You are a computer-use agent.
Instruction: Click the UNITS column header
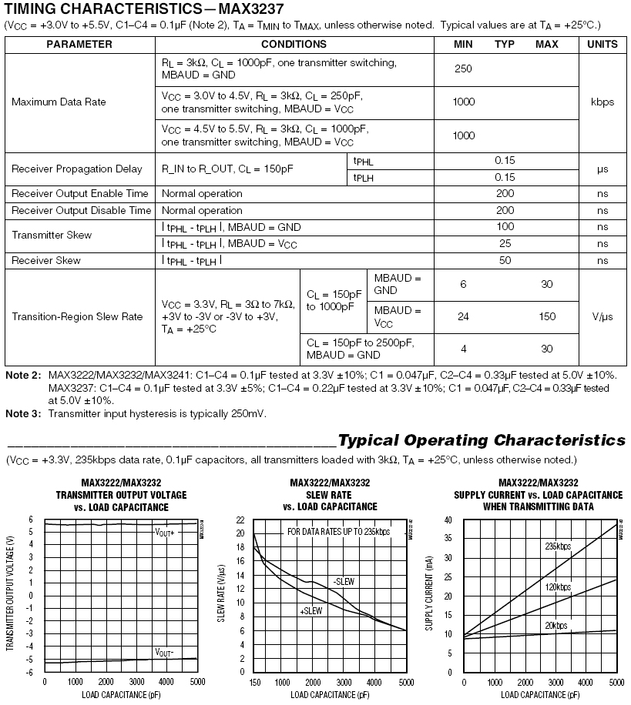pyautogui.click(x=602, y=44)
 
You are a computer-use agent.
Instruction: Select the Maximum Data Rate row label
pyautogui.click(x=59, y=102)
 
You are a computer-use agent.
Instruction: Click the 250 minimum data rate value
pyautogui.click(x=463, y=68)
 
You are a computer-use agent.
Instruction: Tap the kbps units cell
pyautogui.click(x=602, y=102)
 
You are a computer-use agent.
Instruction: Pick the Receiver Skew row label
pyautogui.click(x=46, y=260)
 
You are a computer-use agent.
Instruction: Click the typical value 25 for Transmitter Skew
pyautogui.click(x=505, y=243)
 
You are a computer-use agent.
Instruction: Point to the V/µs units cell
pyautogui.click(x=602, y=316)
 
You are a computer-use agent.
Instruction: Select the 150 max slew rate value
pyautogui.click(x=547, y=316)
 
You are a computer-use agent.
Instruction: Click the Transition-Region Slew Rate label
pyautogui.click(x=77, y=316)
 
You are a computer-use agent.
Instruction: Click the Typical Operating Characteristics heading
pyautogui.click(x=482, y=441)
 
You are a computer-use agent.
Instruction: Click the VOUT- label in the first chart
pyautogui.click(x=164, y=652)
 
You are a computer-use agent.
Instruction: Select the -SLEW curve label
pyautogui.click(x=344, y=582)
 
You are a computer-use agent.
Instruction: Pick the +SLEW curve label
pyautogui.click(x=310, y=610)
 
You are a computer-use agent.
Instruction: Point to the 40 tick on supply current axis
pyautogui.click(x=448, y=520)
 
